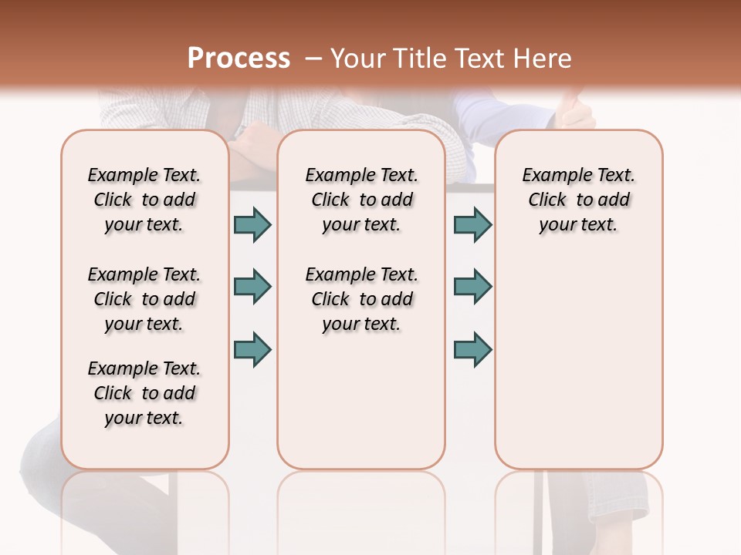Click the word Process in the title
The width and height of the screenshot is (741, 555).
(239, 58)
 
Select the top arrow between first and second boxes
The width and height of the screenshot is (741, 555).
(252, 224)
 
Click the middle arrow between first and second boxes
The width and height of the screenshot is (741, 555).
(252, 287)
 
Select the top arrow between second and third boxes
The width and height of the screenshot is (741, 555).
(472, 224)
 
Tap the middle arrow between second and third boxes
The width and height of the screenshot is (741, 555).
(472, 287)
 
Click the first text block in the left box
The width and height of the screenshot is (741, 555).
(144, 200)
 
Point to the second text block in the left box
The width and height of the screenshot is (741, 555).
(144, 299)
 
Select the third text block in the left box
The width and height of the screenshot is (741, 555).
(144, 393)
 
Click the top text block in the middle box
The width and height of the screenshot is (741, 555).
(362, 200)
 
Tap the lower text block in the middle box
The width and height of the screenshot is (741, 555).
(362, 299)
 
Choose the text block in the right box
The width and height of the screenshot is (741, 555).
(579, 200)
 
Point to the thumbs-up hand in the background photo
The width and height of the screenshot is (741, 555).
(574, 112)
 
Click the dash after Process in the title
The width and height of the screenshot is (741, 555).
(313, 58)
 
